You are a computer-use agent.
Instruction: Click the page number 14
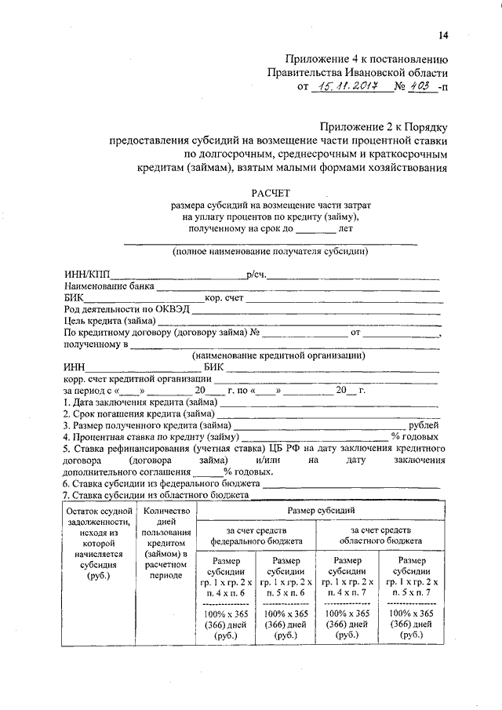tap(443, 35)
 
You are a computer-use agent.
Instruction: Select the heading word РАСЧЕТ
tap(271, 191)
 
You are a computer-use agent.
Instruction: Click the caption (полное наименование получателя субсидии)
tap(271, 252)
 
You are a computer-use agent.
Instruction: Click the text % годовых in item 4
tap(415, 436)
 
